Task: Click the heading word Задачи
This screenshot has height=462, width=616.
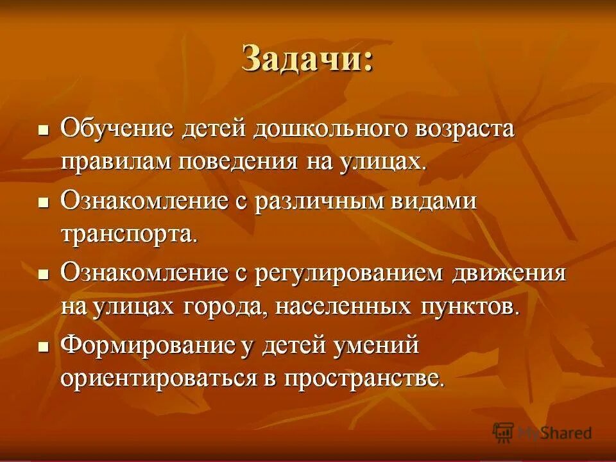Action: click(x=307, y=60)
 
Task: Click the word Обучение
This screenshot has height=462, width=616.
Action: click(x=117, y=128)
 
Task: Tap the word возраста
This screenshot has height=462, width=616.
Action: click(x=456, y=128)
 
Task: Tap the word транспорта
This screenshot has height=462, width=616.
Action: click(x=128, y=234)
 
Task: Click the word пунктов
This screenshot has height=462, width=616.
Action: click(x=468, y=306)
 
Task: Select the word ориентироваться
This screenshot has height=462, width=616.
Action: click(x=158, y=379)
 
